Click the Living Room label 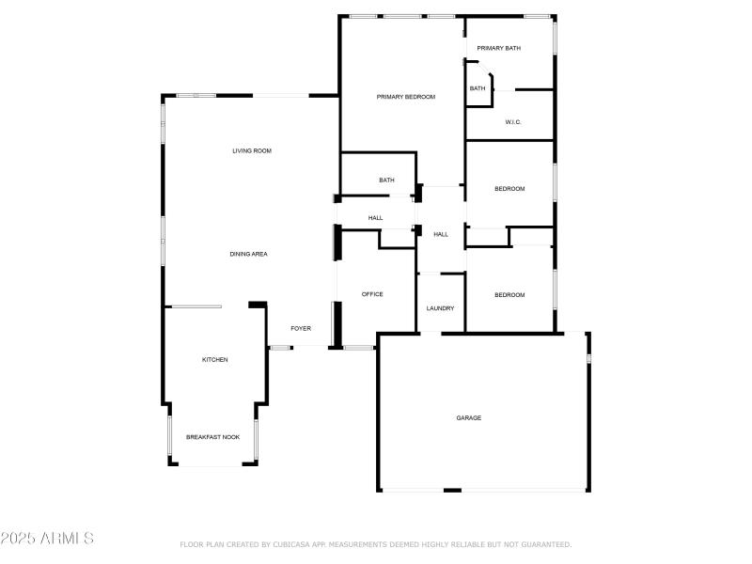pyautogui.click(x=252, y=150)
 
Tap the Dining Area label pyautogui.click(x=249, y=254)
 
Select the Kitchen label pyautogui.click(x=215, y=360)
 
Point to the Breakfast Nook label pyautogui.click(x=212, y=437)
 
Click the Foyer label pyautogui.click(x=301, y=328)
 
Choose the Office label pyautogui.click(x=372, y=294)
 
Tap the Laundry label pyautogui.click(x=440, y=308)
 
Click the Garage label pyautogui.click(x=469, y=417)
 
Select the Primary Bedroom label pyautogui.click(x=406, y=97)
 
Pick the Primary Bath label pyautogui.click(x=499, y=48)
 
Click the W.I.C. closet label pyautogui.click(x=513, y=122)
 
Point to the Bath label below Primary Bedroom pyautogui.click(x=386, y=180)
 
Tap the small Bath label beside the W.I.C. pyautogui.click(x=478, y=88)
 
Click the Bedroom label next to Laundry pyautogui.click(x=509, y=295)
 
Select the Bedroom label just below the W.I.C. pyautogui.click(x=509, y=189)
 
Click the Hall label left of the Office pyautogui.click(x=375, y=218)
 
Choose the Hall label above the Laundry pyautogui.click(x=441, y=234)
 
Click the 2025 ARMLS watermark pyautogui.click(x=47, y=539)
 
